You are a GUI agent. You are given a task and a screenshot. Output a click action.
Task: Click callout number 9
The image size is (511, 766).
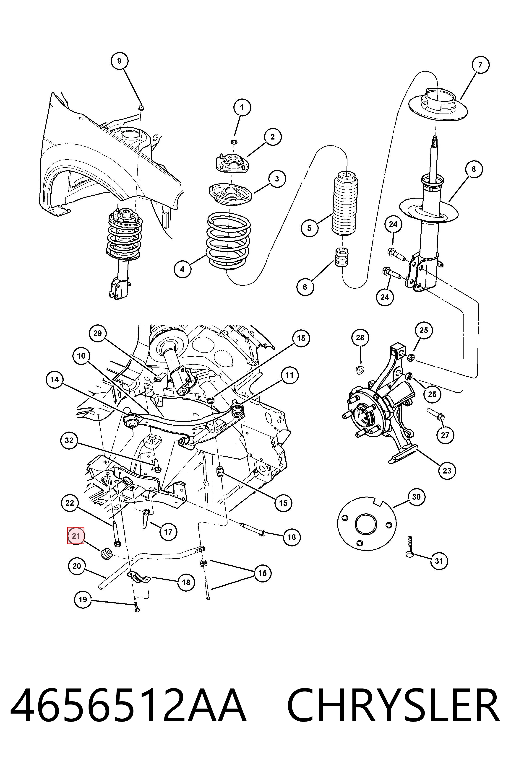pos(119,61)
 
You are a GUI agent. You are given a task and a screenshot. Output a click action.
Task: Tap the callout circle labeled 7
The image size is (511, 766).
pos(480,65)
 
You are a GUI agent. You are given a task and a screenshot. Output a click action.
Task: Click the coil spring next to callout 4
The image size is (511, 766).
pos(228,241)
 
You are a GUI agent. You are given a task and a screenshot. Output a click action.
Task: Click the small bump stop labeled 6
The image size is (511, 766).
pos(342,257)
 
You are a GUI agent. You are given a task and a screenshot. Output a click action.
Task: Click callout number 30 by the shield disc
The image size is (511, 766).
pos(417,497)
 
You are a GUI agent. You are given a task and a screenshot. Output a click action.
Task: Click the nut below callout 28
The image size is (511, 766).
pos(360,370)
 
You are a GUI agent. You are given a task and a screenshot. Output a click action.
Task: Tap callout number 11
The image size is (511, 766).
pos(289,375)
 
